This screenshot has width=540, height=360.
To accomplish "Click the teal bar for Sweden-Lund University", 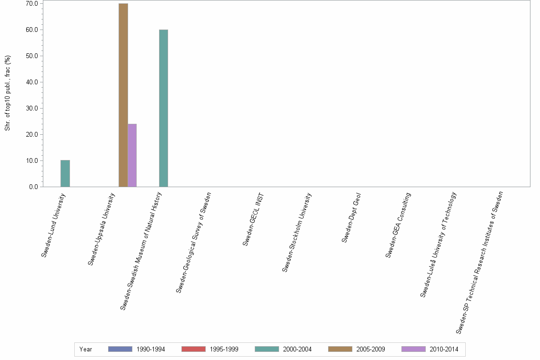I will click(65, 173).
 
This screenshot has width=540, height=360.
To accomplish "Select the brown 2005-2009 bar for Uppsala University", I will click(123, 95).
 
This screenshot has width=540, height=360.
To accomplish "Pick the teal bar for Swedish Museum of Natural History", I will click(163, 108).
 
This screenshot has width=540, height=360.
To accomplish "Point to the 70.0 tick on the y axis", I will click(33, 3).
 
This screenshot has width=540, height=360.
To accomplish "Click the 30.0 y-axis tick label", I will click(33, 108).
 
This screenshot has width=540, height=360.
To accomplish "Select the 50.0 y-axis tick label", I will click(33, 56).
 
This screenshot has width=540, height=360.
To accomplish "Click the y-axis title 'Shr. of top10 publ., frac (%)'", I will click(8, 93).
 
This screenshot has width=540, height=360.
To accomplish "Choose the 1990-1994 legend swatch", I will click(120, 349).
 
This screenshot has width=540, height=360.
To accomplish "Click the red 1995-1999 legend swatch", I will click(193, 349).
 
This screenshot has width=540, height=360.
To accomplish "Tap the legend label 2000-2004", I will click(297, 350).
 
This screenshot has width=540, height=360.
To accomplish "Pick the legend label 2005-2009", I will click(370, 350).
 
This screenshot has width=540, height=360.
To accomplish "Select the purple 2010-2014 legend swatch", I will click(413, 349).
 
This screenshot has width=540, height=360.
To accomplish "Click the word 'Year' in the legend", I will click(86, 350).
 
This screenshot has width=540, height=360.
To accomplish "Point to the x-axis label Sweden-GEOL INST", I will click(253, 220).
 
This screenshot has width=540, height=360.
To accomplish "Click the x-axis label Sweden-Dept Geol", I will click(351, 218).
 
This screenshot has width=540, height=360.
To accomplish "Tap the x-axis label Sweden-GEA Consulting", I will click(398, 225).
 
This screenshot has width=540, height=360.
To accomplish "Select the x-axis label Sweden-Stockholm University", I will click(297, 232).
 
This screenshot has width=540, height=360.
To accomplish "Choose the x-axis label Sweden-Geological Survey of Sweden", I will click(193, 242).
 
